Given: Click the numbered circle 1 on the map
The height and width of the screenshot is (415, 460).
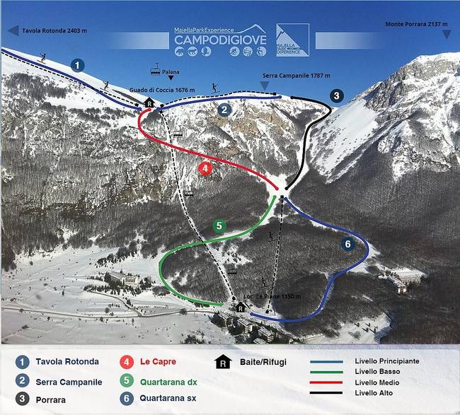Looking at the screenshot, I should (x=78, y=65).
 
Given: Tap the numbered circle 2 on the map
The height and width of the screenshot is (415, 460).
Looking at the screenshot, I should (x=224, y=110).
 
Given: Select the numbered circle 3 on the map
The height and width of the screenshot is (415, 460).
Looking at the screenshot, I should (x=336, y=95).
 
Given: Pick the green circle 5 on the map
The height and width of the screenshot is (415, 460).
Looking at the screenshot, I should (x=219, y=226).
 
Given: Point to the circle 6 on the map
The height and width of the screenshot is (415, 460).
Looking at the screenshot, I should (x=347, y=244).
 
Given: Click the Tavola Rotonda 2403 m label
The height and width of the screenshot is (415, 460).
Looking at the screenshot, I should (x=54, y=30).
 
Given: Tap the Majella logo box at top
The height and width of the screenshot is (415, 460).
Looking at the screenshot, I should (x=292, y=40).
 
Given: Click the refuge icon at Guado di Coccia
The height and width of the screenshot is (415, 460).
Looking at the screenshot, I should (x=149, y=103).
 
